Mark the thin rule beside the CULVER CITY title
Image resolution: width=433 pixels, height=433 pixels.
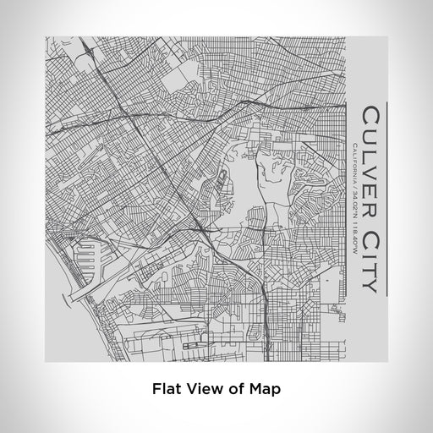386,199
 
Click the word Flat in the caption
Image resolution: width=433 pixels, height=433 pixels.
167,390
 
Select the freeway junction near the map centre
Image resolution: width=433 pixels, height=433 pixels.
200,227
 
